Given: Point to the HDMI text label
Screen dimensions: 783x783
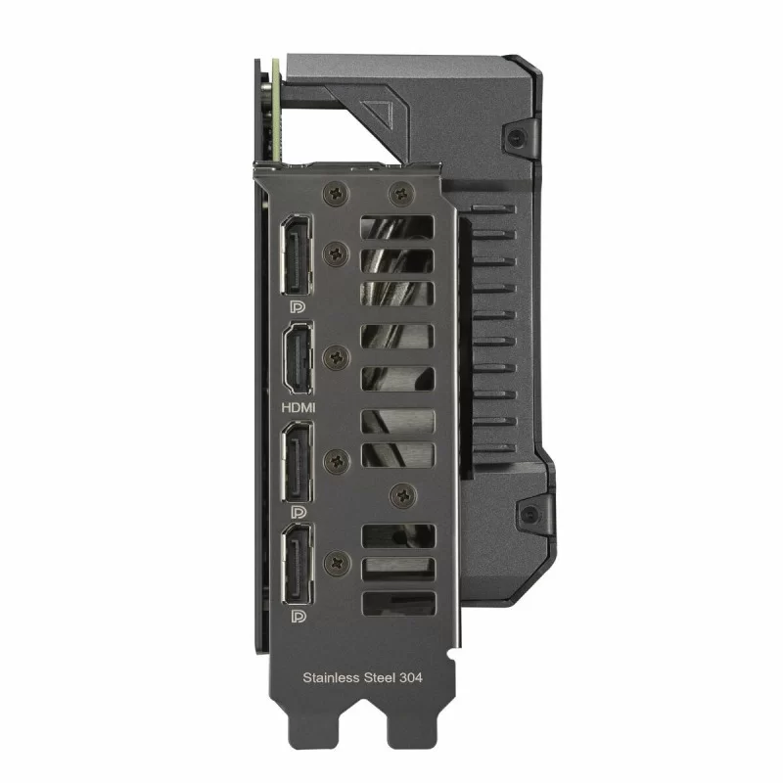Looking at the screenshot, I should click(x=299, y=405).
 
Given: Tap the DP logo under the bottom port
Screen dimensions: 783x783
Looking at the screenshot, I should click(x=298, y=618).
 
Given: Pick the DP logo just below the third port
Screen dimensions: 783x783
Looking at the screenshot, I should click(x=298, y=512).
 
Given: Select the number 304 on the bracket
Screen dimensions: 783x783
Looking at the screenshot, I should click(x=414, y=676).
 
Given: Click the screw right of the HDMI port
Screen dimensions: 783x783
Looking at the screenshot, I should click(x=338, y=356).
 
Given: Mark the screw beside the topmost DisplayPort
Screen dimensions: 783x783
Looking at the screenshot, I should click(x=338, y=253).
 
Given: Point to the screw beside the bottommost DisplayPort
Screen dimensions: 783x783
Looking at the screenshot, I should click(x=338, y=562).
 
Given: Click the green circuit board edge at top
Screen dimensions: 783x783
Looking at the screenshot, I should click(x=276, y=108).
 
